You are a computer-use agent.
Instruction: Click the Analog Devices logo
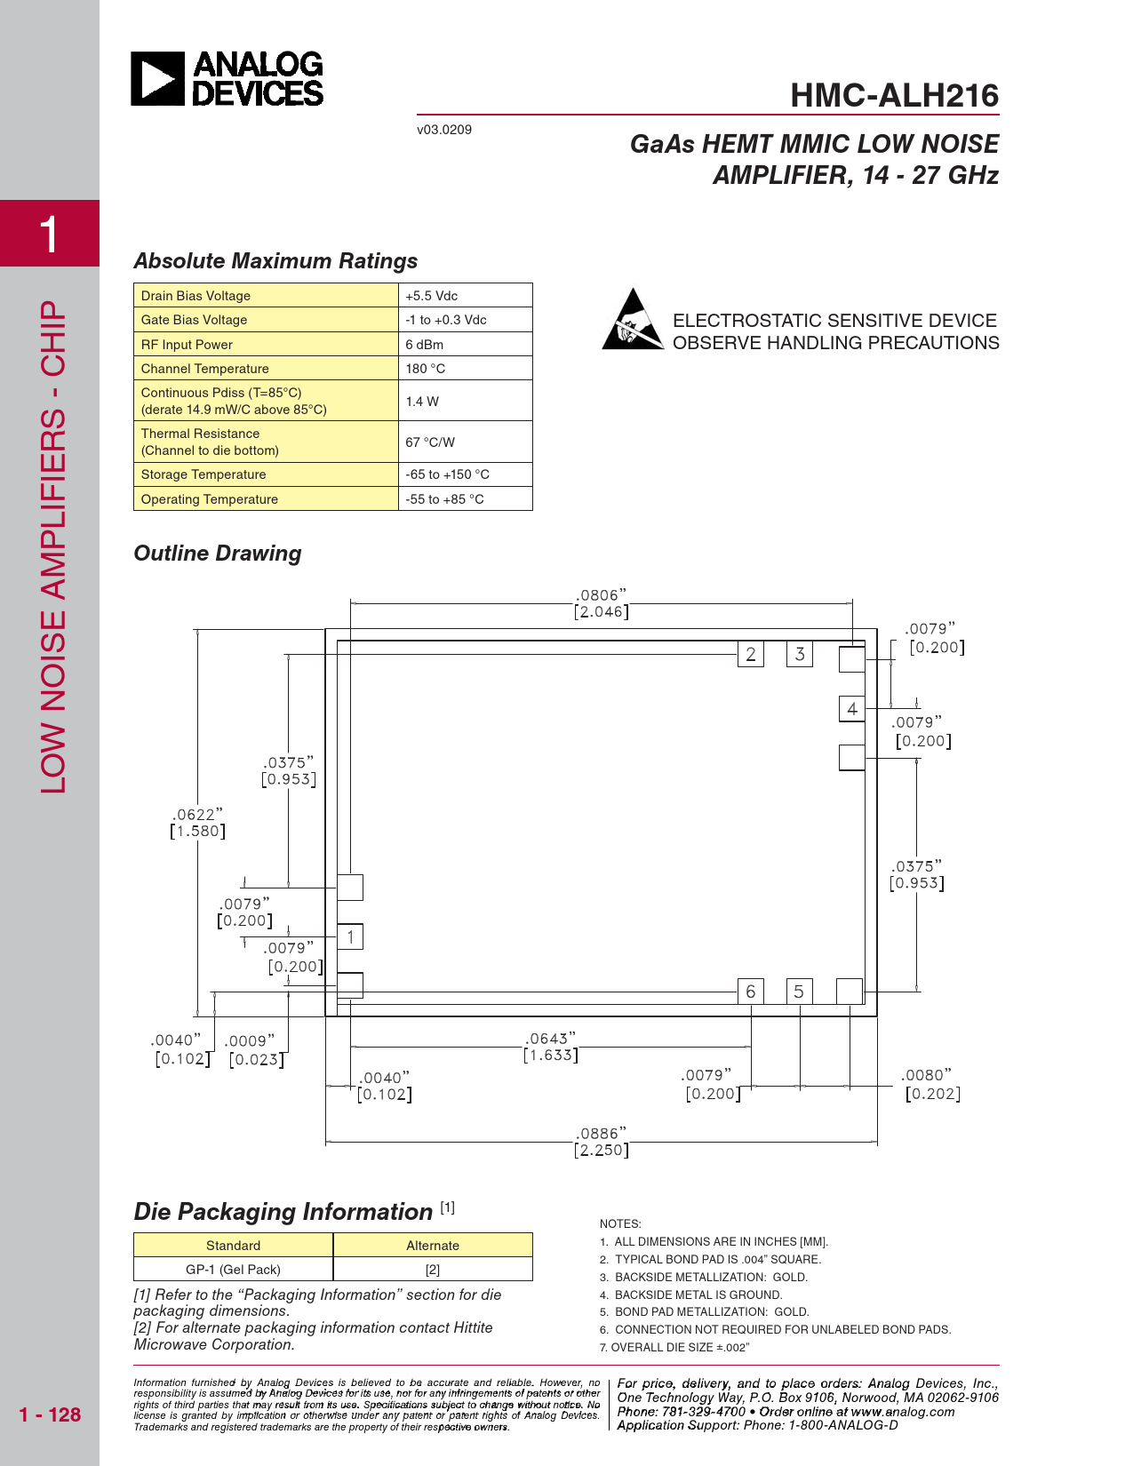click(x=227, y=79)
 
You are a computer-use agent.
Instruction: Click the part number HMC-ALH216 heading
click(x=894, y=96)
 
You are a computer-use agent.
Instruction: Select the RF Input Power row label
click(x=187, y=345)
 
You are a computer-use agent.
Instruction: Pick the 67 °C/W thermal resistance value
click(x=430, y=442)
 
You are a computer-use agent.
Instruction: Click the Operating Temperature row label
click(x=210, y=499)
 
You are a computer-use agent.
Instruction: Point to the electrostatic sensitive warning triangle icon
click(x=633, y=320)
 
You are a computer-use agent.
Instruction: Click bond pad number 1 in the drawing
click(x=350, y=936)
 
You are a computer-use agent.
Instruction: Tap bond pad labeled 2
click(x=751, y=655)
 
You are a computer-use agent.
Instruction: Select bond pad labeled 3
click(x=800, y=655)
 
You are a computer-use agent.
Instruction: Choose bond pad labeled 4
click(x=852, y=709)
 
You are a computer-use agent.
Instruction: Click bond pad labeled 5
click(x=799, y=992)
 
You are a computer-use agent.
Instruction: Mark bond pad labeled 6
click(x=751, y=992)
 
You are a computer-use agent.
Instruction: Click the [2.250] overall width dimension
click(x=602, y=1151)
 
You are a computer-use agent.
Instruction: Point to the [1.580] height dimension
click(x=197, y=832)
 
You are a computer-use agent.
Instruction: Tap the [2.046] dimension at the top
click(x=602, y=612)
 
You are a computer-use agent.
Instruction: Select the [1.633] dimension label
click(x=551, y=1056)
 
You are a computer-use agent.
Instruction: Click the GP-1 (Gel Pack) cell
click(x=233, y=1270)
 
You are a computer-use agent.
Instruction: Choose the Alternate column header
click(x=433, y=1246)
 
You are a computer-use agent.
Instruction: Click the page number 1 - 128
click(x=50, y=1414)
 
